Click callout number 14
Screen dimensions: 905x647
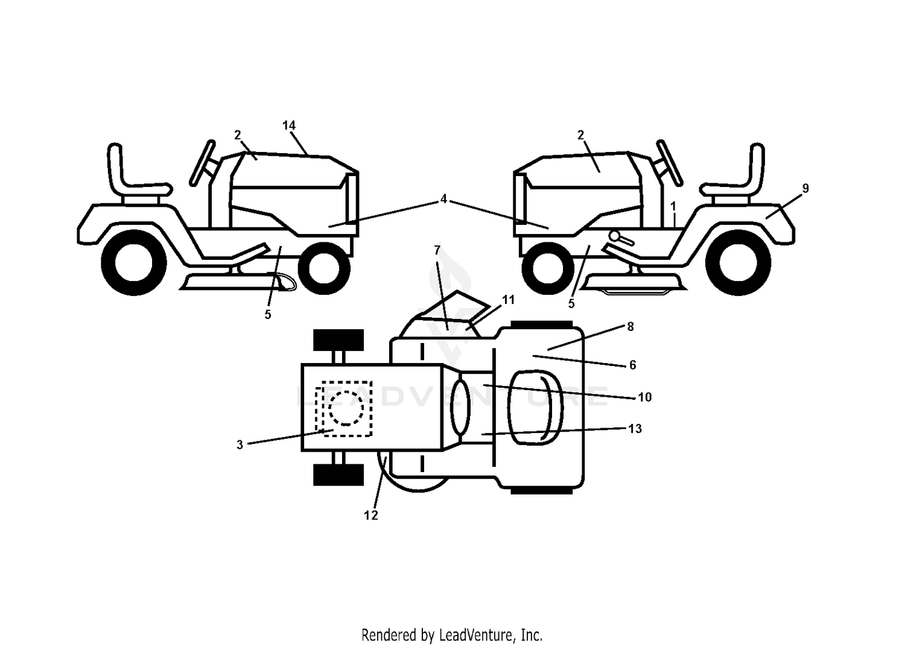[x=289, y=125]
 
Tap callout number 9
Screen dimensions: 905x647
[x=805, y=188]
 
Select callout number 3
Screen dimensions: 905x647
[x=240, y=444]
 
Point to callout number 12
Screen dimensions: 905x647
[x=371, y=516]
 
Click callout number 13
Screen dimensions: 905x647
[x=635, y=429]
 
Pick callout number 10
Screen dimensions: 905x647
[x=645, y=397]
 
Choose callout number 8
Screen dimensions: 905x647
[x=630, y=327]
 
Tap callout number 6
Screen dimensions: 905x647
[x=633, y=365]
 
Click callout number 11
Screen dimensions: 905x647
[x=508, y=300]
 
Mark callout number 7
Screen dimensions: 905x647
[x=437, y=250]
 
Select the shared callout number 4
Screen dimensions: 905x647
[x=443, y=199]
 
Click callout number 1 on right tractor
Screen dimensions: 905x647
[x=673, y=207]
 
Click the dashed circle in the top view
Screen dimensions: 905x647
[x=346, y=408]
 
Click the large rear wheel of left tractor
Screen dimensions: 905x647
[x=134, y=263]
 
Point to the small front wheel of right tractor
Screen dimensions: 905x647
[x=548, y=269]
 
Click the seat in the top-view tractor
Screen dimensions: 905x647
[x=535, y=408]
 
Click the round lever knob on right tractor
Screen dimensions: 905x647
[x=615, y=235]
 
